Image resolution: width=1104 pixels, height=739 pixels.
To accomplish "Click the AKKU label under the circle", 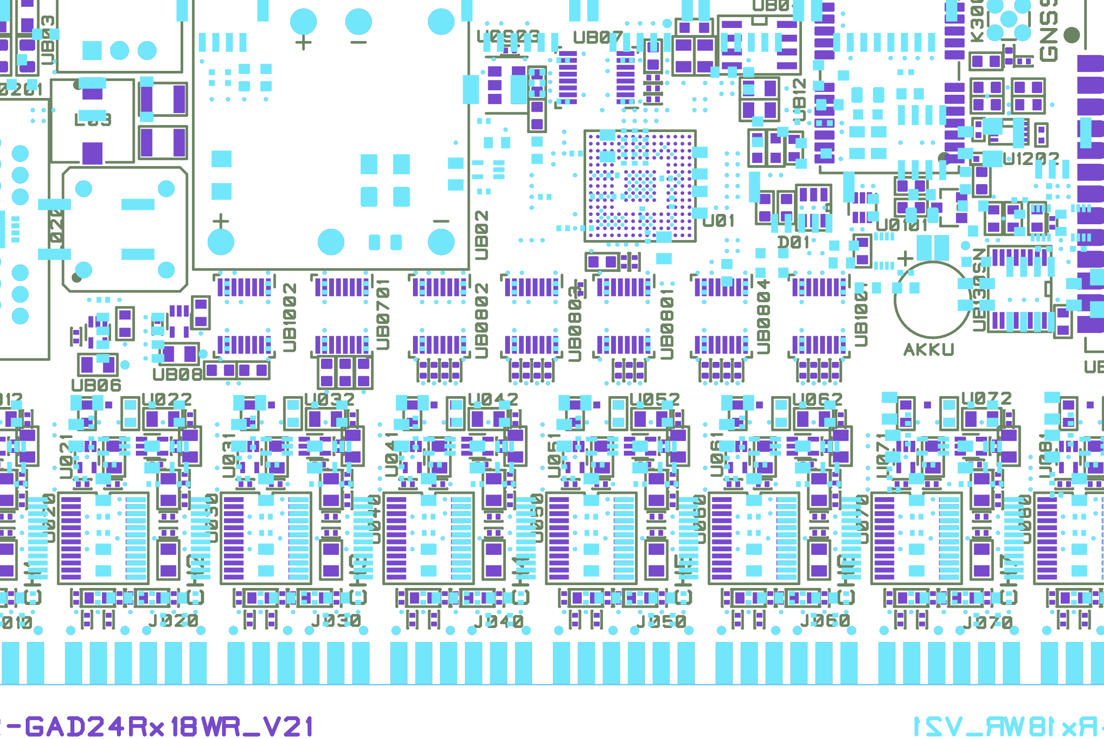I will (928, 350).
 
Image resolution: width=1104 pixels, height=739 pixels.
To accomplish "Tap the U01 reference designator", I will (719, 221).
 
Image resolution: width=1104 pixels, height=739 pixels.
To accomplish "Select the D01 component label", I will (793, 242).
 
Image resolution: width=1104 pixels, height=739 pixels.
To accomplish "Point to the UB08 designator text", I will (177, 374).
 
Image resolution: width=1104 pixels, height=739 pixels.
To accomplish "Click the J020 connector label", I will (173, 621).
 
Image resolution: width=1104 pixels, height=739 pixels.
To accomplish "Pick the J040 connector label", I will (499, 622).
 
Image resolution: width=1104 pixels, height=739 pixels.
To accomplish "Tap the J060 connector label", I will (825, 621).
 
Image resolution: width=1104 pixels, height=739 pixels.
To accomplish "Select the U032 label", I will (329, 400).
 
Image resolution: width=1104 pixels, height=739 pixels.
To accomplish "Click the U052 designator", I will (655, 400).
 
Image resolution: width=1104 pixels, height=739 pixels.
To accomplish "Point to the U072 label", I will (987, 399).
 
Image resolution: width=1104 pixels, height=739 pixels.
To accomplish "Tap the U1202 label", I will (1031, 159).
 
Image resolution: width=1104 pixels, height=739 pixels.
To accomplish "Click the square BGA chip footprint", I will (640, 186).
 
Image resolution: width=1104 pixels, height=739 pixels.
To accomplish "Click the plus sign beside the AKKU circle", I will (905, 258).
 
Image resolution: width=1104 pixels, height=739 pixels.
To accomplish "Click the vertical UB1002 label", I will (289, 317).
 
